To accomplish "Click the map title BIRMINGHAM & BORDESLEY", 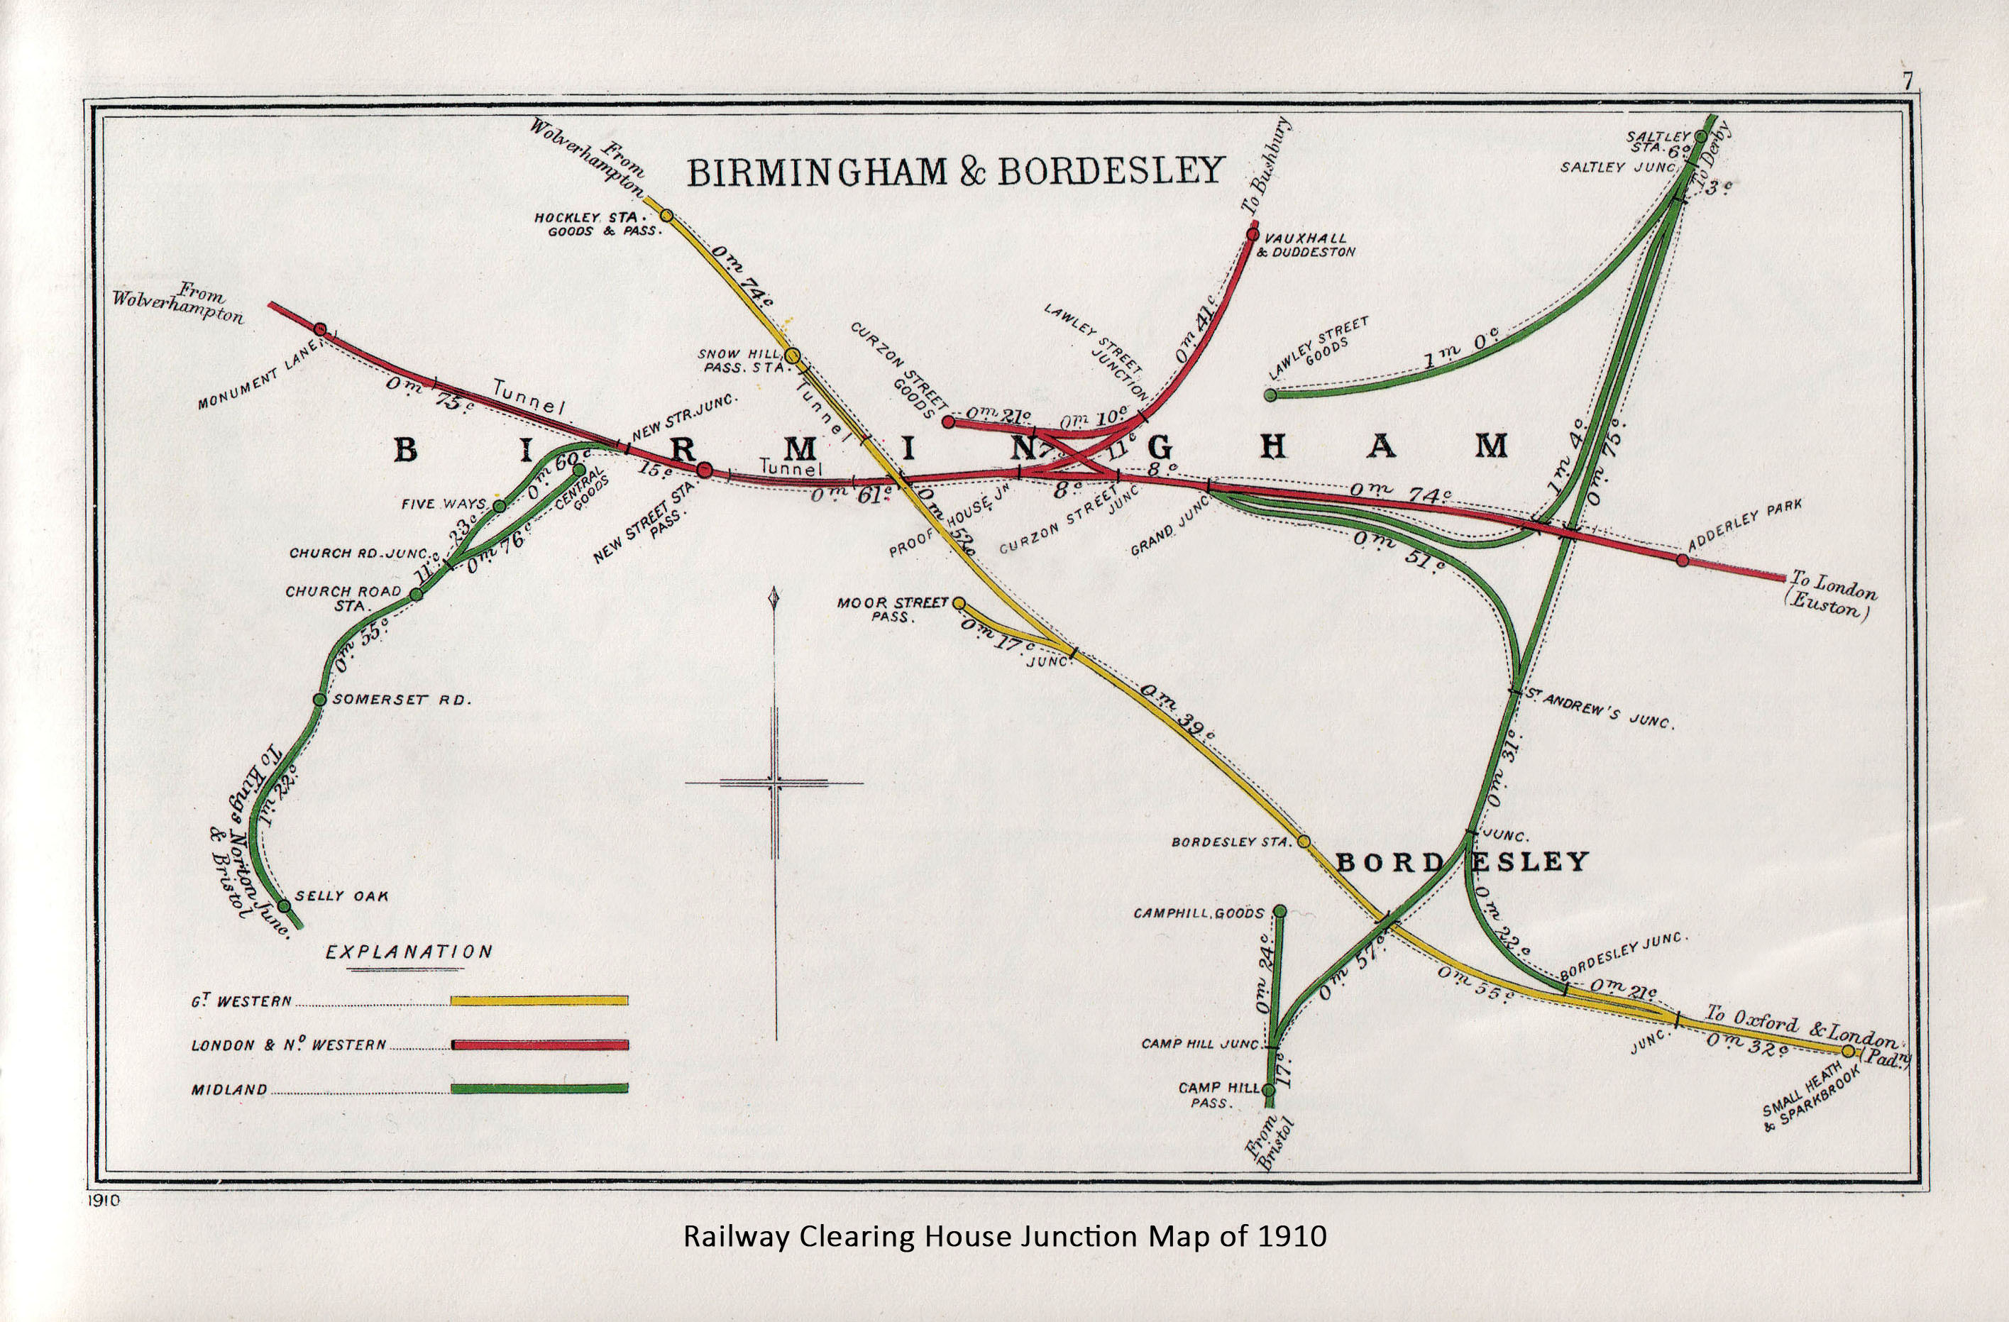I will [956, 172].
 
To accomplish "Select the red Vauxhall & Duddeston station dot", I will [1253, 234].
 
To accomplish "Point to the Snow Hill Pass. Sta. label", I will [731, 360].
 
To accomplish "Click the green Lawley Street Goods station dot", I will [1270, 395].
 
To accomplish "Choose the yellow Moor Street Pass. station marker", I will [958, 602].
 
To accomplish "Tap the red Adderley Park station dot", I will [1683, 560].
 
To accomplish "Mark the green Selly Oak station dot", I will [284, 905].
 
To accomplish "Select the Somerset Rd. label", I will [402, 700].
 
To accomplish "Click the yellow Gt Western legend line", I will [539, 1001].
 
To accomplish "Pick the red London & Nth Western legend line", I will [539, 1045].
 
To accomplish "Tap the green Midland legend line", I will [539, 1088].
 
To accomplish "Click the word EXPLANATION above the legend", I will [409, 952].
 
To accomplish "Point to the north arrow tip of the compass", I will [775, 588].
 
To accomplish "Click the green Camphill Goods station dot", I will [1279, 911].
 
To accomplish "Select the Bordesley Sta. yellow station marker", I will [1304, 841].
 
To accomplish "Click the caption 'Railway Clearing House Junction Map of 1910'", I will [1005, 1237].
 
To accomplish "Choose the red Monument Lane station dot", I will [320, 329].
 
